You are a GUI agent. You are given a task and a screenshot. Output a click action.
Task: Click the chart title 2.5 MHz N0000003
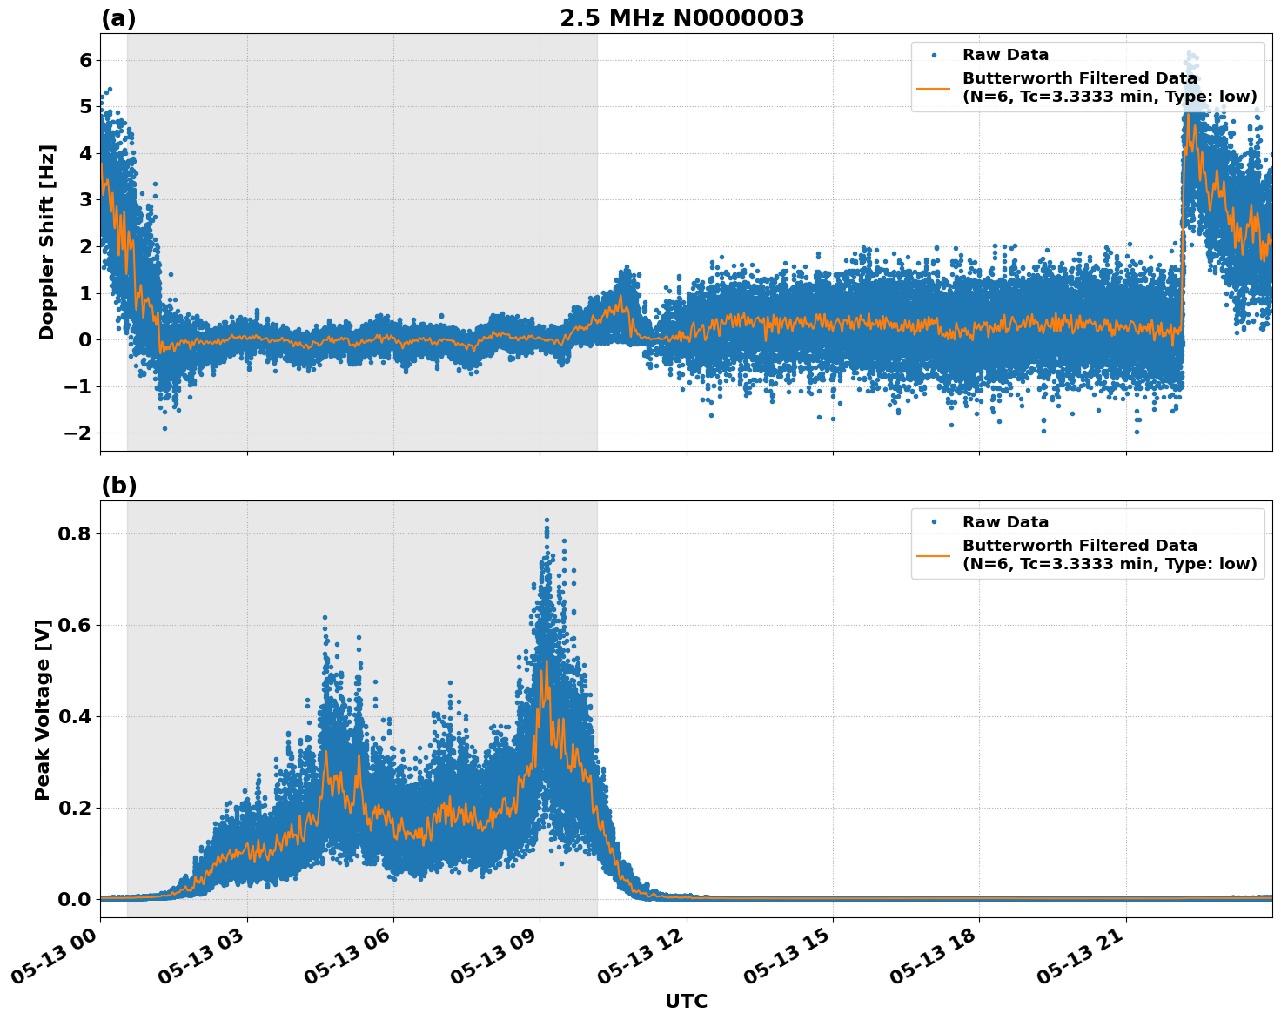tap(681, 18)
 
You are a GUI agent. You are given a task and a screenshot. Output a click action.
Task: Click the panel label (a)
tap(118, 18)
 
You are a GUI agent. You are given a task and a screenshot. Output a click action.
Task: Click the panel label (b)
tap(118, 486)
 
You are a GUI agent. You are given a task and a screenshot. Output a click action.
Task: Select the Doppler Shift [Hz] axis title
tap(47, 242)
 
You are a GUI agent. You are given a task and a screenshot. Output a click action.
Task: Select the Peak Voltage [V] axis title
tap(43, 709)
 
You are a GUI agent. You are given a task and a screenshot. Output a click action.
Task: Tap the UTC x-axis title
tap(686, 1001)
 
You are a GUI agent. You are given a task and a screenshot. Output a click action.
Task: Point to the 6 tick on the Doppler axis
tap(85, 60)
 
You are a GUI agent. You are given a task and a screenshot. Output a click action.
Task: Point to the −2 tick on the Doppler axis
tap(78, 433)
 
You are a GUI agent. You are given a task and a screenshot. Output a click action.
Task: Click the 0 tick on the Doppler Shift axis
tap(85, 340)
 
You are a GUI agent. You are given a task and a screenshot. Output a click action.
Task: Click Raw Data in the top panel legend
tap(1005, 55)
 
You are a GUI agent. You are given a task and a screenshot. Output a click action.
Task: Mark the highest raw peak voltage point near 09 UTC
tap(547, 520)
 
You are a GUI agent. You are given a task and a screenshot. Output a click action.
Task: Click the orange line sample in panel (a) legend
tap(934, 87)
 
